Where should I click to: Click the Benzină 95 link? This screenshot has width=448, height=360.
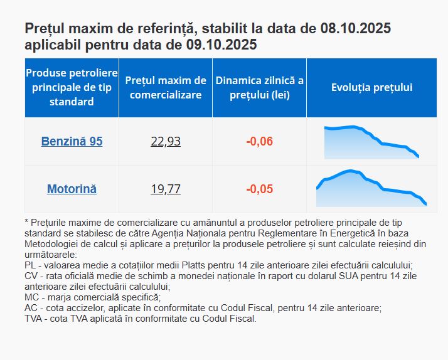[72, 141]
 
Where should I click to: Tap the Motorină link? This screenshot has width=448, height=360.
[72, 189]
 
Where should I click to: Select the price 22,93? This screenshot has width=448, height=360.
[166, 141]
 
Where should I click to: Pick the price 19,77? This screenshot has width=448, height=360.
[166, 189]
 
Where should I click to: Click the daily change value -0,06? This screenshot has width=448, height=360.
[259, 141]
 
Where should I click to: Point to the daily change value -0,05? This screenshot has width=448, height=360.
[259, 189]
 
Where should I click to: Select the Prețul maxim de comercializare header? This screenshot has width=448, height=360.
[166, 88]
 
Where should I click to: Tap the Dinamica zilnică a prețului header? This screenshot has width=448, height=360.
[259, 88]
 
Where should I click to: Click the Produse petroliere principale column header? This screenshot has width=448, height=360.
[72, 88]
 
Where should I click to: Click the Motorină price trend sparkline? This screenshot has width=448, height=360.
[371, 186]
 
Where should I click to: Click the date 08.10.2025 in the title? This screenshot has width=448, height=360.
[356, 29]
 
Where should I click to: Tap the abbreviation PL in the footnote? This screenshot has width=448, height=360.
[30, 265]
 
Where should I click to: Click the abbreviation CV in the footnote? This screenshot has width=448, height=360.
[31, 276]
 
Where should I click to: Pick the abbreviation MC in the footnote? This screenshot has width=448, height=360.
[31, 297]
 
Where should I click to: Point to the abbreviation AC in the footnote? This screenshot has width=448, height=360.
[31, 308]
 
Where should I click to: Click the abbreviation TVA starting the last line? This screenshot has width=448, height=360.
[34, 319]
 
